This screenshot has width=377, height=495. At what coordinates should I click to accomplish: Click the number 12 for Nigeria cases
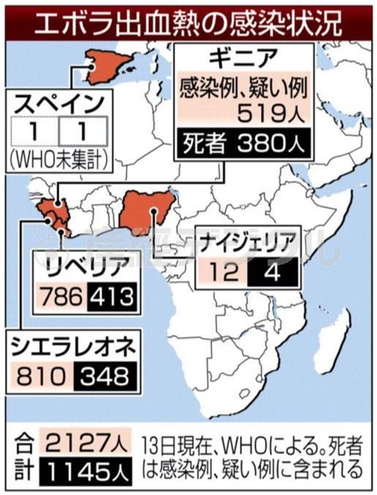(224, 273)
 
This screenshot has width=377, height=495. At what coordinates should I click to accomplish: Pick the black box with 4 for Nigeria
(272, 273)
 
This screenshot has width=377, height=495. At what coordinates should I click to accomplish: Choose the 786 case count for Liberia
(62, 296)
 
